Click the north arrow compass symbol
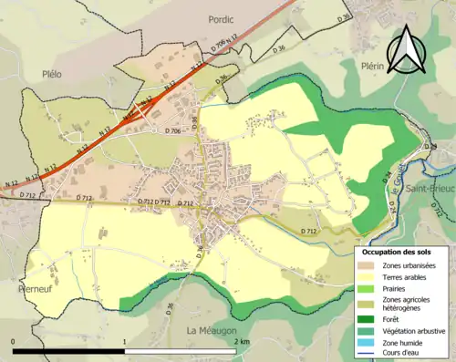406,49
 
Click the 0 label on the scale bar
13,340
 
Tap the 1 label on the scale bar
125,340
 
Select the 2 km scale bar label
241,340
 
